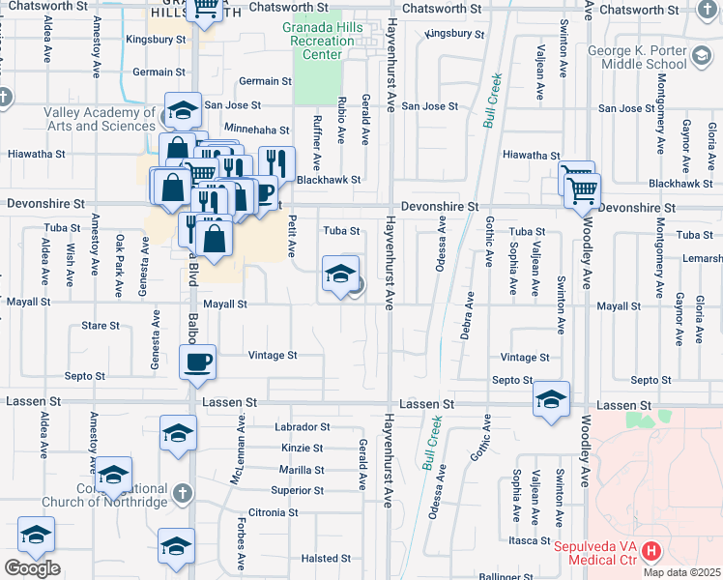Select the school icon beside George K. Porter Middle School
(x=703, y=59)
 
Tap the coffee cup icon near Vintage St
(x=197, y=362)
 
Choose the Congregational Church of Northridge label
(x=104, y=495)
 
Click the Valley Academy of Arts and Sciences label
(x=99, y=119)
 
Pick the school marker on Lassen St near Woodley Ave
(x=551, y=399)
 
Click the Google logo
(x=32, y=568)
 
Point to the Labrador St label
(x=303, y=426)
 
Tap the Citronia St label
(x=273, y=512)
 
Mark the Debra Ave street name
(x=469, y=309)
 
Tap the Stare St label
(x=101, y=326)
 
